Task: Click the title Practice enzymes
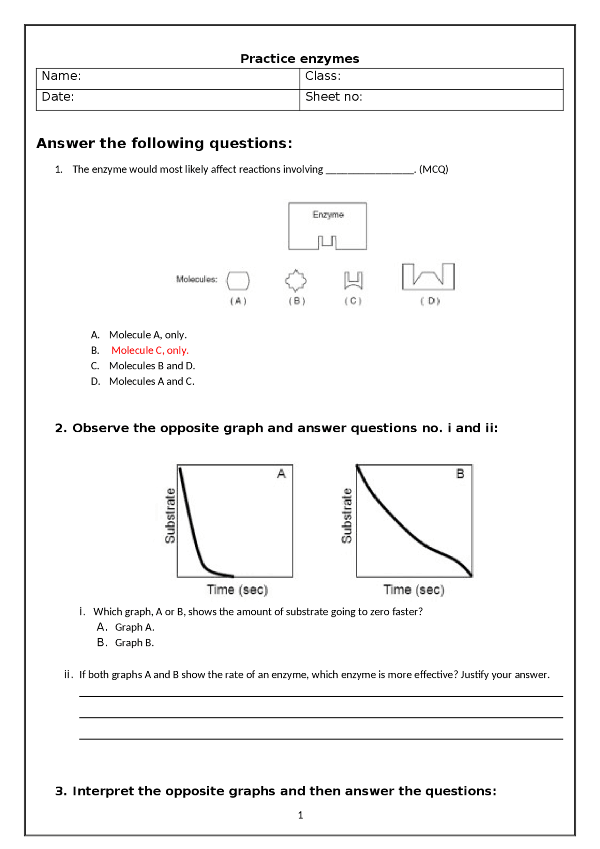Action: point(300,59)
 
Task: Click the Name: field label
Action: point(61,76)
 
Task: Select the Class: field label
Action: point(322,76)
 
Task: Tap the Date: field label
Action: point(58,97)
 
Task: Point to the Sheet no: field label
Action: point(334,97)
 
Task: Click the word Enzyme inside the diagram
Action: point(328,215)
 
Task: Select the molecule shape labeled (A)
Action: point(238,281)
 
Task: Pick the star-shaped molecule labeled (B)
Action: point(296,280)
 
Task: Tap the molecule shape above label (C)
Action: point(353,280)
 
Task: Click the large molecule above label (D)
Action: point(428,276)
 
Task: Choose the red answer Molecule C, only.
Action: point(150,350)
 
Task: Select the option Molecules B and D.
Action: point(152,366)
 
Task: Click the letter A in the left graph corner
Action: point(281,474)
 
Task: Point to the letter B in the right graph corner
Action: point(460,474)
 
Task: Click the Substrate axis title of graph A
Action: point(170,516)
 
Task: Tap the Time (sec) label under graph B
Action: point(413,590)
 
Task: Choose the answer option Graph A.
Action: point(135,627)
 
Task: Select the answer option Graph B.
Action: point(135,643)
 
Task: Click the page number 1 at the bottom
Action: point(300,815)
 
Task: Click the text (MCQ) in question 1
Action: point(434,169)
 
